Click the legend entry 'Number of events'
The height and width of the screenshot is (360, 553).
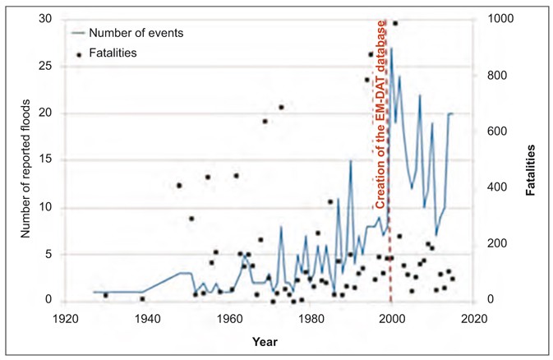[135, 34]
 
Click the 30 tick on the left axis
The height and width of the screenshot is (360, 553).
[48, 20]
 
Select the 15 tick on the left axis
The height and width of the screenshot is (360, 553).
[48, 161]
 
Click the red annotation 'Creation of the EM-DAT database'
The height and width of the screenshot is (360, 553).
[381, 114]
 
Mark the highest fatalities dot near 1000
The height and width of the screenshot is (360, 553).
[395, 23]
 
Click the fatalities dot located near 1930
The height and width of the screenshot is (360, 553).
[106, 295]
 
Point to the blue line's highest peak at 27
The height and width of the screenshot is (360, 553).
[391, 48]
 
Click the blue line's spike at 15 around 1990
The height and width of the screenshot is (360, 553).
[351, 161]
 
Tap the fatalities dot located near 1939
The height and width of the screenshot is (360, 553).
[142, 299]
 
